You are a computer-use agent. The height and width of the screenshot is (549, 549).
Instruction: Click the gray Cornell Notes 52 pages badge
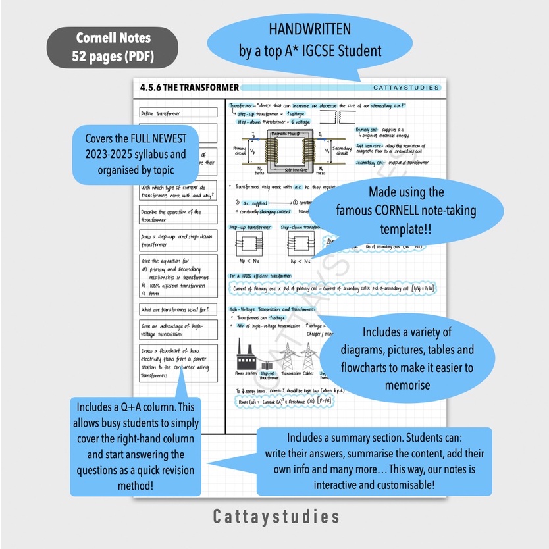pos(113,47)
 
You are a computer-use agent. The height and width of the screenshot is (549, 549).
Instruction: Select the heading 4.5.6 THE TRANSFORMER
pos(190,88)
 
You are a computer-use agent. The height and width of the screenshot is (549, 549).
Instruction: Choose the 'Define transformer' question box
pos(178,113)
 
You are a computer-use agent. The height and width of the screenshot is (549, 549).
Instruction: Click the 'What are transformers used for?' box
pos(178,309)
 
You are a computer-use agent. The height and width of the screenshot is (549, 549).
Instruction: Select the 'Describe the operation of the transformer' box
pos(178,215)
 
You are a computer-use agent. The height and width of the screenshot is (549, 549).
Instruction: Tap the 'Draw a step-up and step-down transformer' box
pos(178,240)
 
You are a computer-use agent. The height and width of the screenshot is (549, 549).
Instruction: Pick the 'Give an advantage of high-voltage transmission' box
pos(178,330)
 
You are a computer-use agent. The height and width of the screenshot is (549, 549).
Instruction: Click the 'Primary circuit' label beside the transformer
pos(240,153)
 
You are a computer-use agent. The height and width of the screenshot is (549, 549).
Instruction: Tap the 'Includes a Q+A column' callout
pos(136,446)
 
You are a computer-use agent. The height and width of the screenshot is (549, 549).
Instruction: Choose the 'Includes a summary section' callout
pos(373,461)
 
